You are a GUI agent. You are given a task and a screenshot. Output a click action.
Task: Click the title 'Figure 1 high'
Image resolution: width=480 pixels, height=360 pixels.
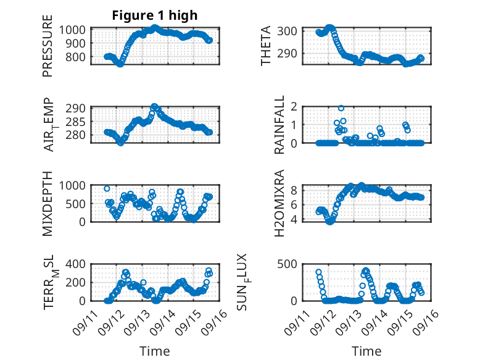pyautogui.click(x=154, y=16)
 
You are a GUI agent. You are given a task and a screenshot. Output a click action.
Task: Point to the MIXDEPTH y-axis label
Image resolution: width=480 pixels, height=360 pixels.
pyautogui.click(x=48, y=203)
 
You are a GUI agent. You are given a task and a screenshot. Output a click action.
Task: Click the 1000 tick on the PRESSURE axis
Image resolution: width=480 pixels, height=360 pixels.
pyautogui.click(x=77, y=30)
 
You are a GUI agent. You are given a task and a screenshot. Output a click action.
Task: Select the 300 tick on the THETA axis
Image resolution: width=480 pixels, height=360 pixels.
pyautogui.click(x=291, y=31)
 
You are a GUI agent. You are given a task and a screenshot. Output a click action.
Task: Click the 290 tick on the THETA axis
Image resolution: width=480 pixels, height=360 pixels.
pyautogui.click(x=291, y=53)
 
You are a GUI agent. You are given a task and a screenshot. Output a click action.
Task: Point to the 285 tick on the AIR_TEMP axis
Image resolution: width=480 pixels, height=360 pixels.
pyautogui.click(x=80, y=121)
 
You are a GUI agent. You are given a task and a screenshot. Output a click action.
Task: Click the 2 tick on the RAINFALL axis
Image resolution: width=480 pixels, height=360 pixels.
pyautogui.click(x=295, y=107)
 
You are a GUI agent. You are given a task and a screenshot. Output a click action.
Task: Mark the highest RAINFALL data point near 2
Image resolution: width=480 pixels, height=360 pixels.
pyautogui.click(x=341, y=108)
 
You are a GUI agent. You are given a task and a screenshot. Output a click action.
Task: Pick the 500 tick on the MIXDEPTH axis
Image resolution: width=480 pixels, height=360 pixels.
pyautogui.click(x=80, y=203)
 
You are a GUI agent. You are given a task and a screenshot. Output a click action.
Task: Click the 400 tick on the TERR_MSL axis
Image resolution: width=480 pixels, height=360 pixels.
pyautogui.click(x=80, y=264)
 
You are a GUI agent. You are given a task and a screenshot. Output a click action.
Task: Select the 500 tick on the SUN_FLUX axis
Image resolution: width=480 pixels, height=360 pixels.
pyautogui.click(x=291, y=264)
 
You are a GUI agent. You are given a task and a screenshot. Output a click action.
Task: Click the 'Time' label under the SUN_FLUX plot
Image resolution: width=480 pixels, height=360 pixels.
pyautogui.click(x=366, y=351)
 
